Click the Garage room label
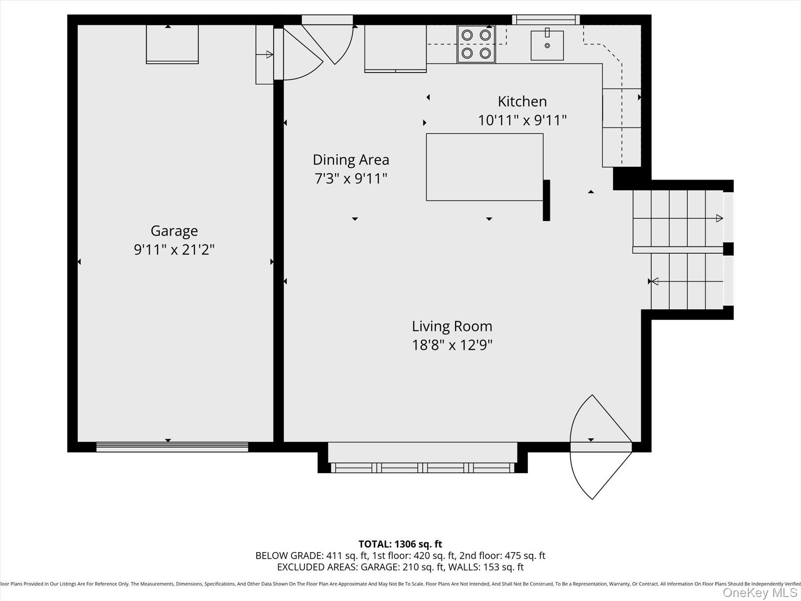174,231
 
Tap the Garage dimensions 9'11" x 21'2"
174,250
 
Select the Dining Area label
351,160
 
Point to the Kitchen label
522,102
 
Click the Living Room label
452,326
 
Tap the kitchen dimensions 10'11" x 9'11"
522,120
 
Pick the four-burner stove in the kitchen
476,44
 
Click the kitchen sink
547,45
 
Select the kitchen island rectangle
484,167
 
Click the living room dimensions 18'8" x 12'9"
452,345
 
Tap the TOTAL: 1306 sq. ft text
400,544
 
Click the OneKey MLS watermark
760,593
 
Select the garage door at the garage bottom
172,447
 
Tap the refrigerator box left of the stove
395,48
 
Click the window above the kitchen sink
546,20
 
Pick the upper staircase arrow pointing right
719,218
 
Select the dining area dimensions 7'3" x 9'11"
351,179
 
